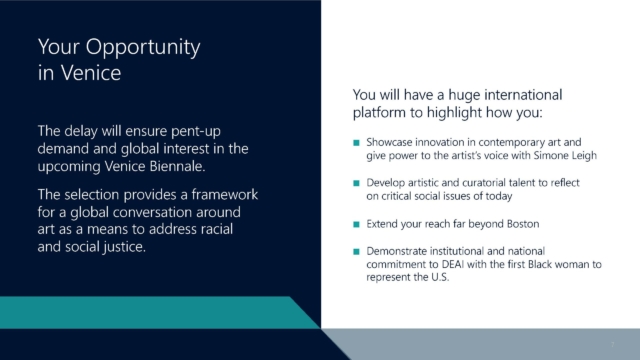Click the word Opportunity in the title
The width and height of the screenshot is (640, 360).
coord(143,48)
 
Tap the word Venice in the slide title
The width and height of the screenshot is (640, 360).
coord(91,73)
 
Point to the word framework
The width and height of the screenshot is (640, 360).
coord(225,194)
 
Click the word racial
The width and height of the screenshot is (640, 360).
coord(217,229)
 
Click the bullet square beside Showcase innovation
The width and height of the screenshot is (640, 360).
coord(356,142)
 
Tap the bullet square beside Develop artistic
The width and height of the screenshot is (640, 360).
coord(356,183)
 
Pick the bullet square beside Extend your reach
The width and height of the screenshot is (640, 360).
coord(356,224)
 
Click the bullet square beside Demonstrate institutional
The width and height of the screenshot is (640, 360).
coord(356,251)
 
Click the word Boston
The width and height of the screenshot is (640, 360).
coord(523,224)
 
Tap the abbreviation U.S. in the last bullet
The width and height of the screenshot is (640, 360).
coord(440,277)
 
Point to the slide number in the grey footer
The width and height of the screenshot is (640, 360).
coord(612,344)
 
